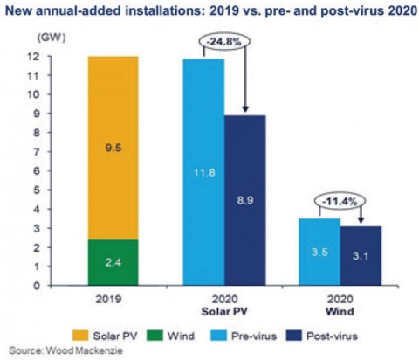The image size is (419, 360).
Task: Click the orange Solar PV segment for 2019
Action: (x=113, y=148)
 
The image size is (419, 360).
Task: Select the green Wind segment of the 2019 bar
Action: (x=113, y=262)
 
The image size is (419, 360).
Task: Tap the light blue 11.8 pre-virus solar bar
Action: (x=203, y=172)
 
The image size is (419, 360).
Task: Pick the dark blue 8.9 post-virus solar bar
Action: (x=245, y=200)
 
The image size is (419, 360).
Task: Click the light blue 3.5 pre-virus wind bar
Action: (x=319, y=252)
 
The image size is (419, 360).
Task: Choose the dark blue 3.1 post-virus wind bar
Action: (x=361, y=255)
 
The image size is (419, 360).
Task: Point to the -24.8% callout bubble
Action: (x=223, y=42)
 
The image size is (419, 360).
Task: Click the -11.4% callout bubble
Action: (x=340, y=201)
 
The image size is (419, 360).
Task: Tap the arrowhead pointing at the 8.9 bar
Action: (x=245, y=109)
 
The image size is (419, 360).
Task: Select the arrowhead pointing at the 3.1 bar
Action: (x=361, y=220)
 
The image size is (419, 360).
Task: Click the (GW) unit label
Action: (x=52, y=38)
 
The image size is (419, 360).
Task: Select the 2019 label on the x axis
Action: (x=108, y=299)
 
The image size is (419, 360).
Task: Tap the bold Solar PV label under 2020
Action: (x=224, y=311)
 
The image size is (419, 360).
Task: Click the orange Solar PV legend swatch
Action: (x=80, y=336)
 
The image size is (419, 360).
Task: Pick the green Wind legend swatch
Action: (x=155, y=336)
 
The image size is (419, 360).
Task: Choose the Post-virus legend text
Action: (x=332, y=336)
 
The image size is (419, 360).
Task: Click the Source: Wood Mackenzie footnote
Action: (x=65, y=350)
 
